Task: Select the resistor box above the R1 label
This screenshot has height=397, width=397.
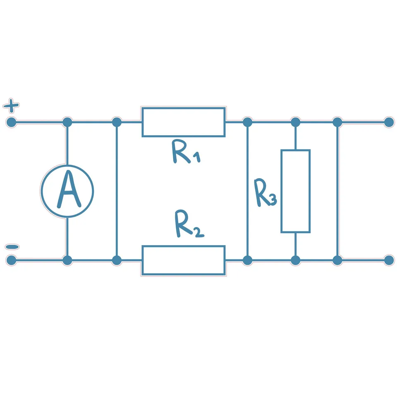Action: [x=184, y=108]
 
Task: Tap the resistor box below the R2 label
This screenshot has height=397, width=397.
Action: [x=184, y=246]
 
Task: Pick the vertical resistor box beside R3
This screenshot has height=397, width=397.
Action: [x=282, y=191]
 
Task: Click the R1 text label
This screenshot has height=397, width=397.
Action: [x=186, y=151]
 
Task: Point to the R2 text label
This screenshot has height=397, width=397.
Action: [x=189, y=224]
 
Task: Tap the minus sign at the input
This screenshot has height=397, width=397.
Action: [x=12, y=247]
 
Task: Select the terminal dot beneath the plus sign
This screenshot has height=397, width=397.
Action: [x=11, y=122]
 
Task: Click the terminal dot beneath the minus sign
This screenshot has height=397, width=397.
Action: [x=11, y=260]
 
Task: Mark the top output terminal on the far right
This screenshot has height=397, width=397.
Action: [x=389, y=122]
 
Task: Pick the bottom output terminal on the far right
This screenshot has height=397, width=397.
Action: [x=389, y=260]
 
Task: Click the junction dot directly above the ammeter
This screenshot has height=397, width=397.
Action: [x=67, y=122]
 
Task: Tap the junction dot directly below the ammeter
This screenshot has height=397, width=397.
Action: [x=67, y=260]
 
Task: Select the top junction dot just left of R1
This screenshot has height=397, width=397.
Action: [x=117, y=122]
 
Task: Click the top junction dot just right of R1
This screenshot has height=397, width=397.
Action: [x=247, y=122]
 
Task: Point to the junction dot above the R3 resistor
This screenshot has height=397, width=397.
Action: [x=295, y=122]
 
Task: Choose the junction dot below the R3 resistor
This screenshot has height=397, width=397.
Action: [x=295, y=260]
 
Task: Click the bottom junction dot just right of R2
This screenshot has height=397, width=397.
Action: [x=247, y=260]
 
